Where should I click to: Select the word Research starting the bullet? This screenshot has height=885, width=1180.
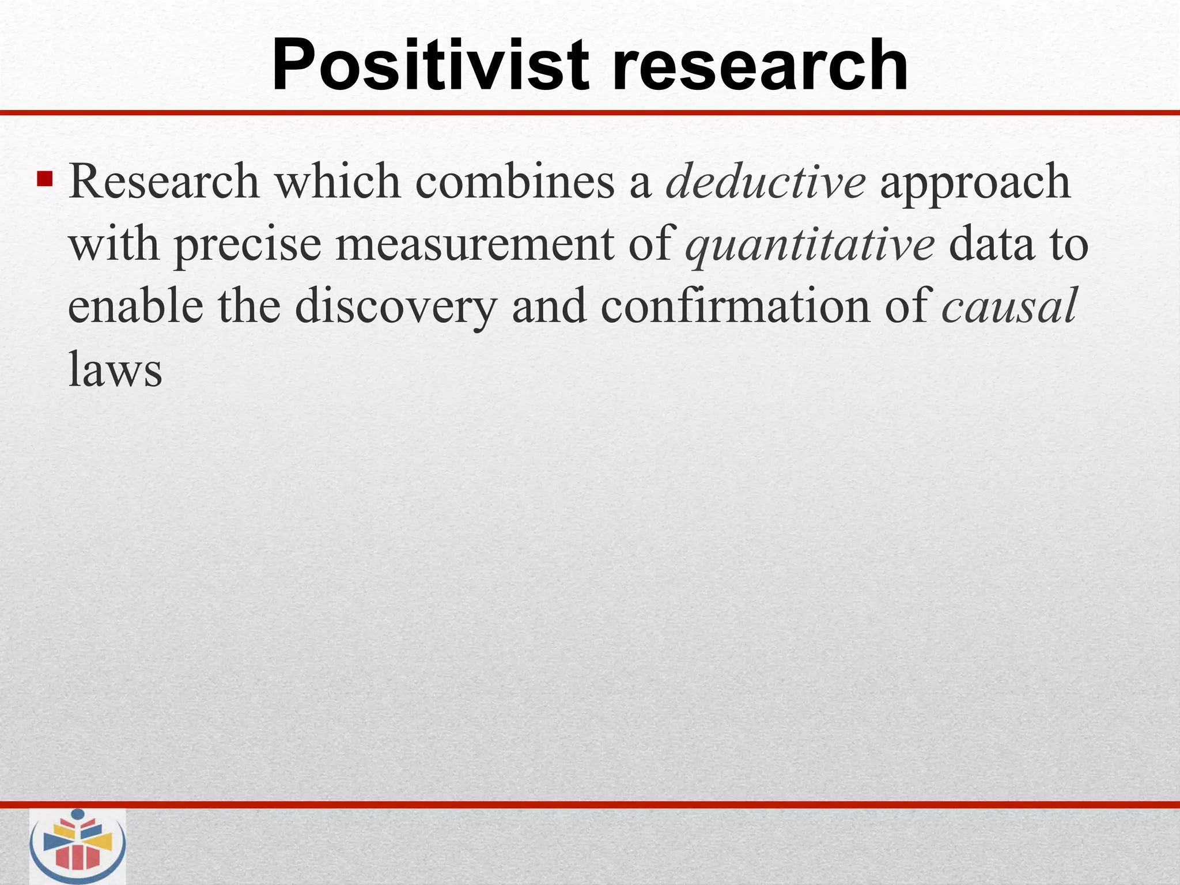[164, 182]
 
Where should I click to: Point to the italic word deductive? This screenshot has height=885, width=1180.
[765, 182]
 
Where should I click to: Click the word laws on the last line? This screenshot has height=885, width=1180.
[115, 369]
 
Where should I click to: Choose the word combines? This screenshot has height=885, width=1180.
[515, 182]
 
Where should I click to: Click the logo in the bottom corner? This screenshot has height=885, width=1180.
[78, 845]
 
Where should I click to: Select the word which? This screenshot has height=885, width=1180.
[337, 182]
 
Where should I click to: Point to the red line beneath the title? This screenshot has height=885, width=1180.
[590, 113]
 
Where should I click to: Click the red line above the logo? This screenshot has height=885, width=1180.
[590, 804]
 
